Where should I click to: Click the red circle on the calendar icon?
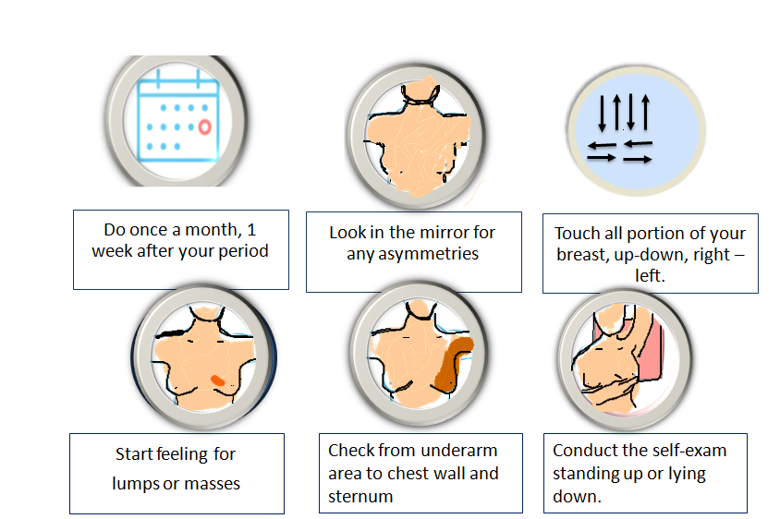tap(205, 127)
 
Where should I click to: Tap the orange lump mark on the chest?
tap(218, 380)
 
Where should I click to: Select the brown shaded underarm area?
tap(453, 363)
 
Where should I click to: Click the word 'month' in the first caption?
tap(213, 230)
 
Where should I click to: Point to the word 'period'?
tap(244, 251)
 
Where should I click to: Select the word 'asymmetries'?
tap(412, 254)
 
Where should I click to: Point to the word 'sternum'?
tap(360, 497)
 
